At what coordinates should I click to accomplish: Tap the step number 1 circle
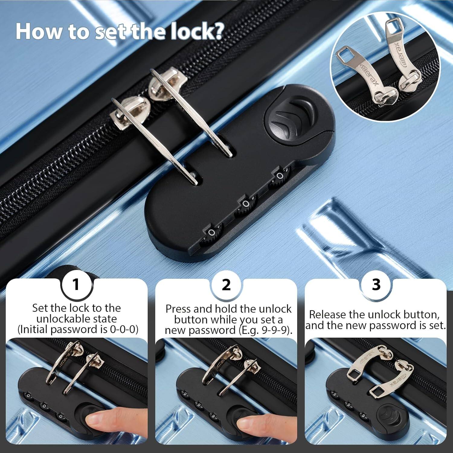[x=76, y=284]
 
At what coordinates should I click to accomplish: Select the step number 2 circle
[x=226, y=284]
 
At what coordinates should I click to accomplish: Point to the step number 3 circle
[x=376, y=284]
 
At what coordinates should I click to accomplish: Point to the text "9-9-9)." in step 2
[x=277, y=330]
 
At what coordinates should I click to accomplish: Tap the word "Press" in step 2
[x=178, y=309]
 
